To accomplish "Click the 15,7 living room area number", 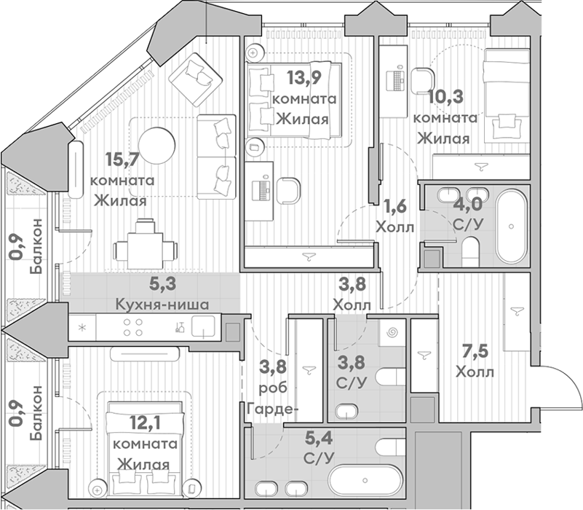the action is [122, 160].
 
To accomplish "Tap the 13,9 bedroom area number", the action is [304, 77].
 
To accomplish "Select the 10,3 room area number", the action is [445, 97].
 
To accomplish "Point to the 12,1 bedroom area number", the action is [145, 423].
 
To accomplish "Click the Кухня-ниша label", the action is [162, 305].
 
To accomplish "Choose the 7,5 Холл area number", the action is [475, 351].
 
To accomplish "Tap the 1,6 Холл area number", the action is [395, 206].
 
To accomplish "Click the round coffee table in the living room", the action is [156, 146].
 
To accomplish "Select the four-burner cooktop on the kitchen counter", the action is [132, 327].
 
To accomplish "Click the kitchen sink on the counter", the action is [203, 326].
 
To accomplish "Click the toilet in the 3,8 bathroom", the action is [390, 377].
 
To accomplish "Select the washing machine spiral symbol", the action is [392, 332].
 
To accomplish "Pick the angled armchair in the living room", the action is [196, 79].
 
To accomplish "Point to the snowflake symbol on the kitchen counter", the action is [82, 328].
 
